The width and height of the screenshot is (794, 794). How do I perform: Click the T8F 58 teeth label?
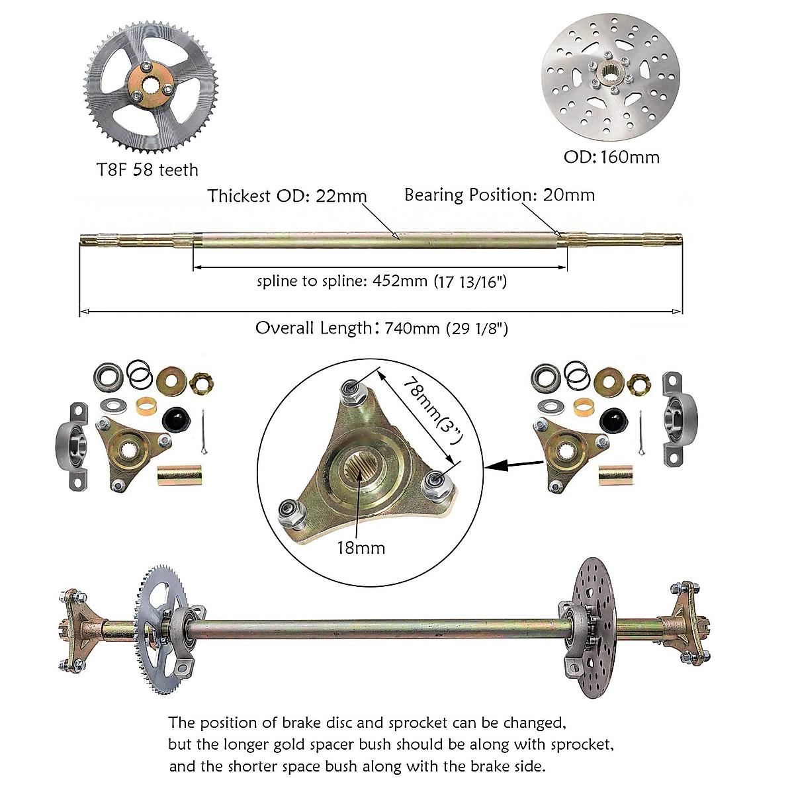[147, 170]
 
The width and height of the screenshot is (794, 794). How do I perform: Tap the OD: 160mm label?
[611, 157]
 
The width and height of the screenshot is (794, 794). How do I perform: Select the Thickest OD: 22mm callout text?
[287, 196]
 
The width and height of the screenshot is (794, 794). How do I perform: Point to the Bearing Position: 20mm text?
[500, 195]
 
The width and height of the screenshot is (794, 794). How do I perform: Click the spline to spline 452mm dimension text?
[382, 281]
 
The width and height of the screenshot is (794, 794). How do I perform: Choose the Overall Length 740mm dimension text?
[382, 328]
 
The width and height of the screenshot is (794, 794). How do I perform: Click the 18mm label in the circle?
[361, 548]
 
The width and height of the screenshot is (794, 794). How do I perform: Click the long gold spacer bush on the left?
[176, 476]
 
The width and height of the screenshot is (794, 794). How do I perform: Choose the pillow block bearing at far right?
[678, 418]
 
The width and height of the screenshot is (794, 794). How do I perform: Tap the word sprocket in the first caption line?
[418, 722]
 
